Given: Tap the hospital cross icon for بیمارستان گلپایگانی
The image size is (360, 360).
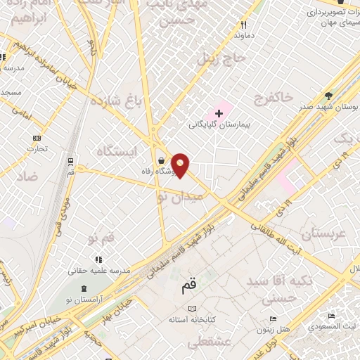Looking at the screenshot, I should [219, 112].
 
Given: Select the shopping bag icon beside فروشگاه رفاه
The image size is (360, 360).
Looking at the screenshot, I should [162, 159].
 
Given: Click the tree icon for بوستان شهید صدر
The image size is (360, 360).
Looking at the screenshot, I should [328, 96].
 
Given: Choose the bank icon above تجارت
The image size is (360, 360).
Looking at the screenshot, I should [37, 138].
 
